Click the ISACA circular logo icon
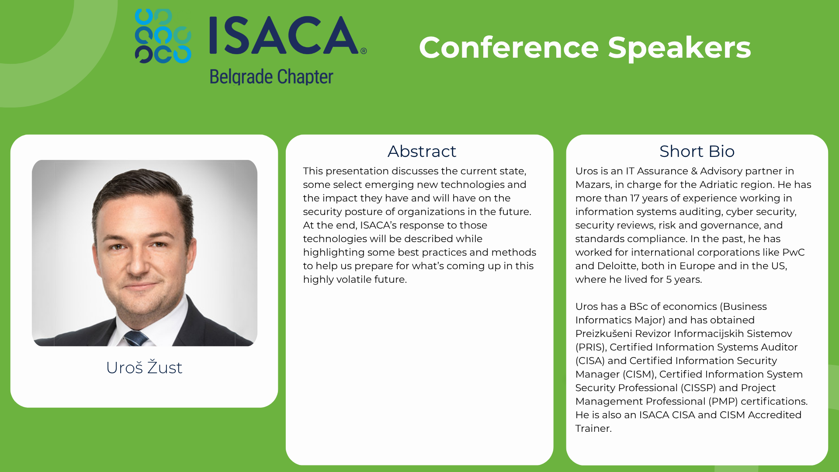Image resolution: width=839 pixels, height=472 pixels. point(163,36)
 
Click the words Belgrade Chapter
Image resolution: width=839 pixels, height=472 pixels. point(271,77)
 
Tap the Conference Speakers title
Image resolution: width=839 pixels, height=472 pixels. point(585,48)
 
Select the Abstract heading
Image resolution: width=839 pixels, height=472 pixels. point(422,151)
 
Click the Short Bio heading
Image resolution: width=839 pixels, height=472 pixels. point(697,151)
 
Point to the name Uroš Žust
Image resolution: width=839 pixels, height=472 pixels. point(144,367)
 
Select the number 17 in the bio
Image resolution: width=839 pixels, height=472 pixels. point(634,198)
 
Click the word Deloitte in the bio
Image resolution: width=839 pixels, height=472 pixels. point(618,266)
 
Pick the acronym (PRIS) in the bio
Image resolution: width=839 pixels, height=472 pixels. point(591,347)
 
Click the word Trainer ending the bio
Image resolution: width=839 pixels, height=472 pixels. point(593,428)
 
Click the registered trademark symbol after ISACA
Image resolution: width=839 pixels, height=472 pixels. point(364,51)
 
